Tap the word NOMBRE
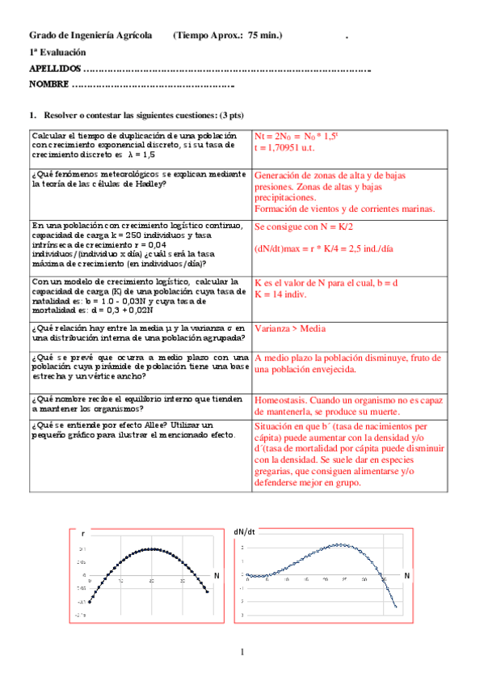coord(48,85)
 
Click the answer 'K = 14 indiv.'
coord(284,296)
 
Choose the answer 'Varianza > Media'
coord(292,329)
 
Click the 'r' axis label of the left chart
coord(83,534)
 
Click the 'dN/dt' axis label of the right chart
coord(245,531)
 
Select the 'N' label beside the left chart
coord(217,574)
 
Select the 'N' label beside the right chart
coord(407,576)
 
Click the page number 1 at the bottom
coord(242,652)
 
